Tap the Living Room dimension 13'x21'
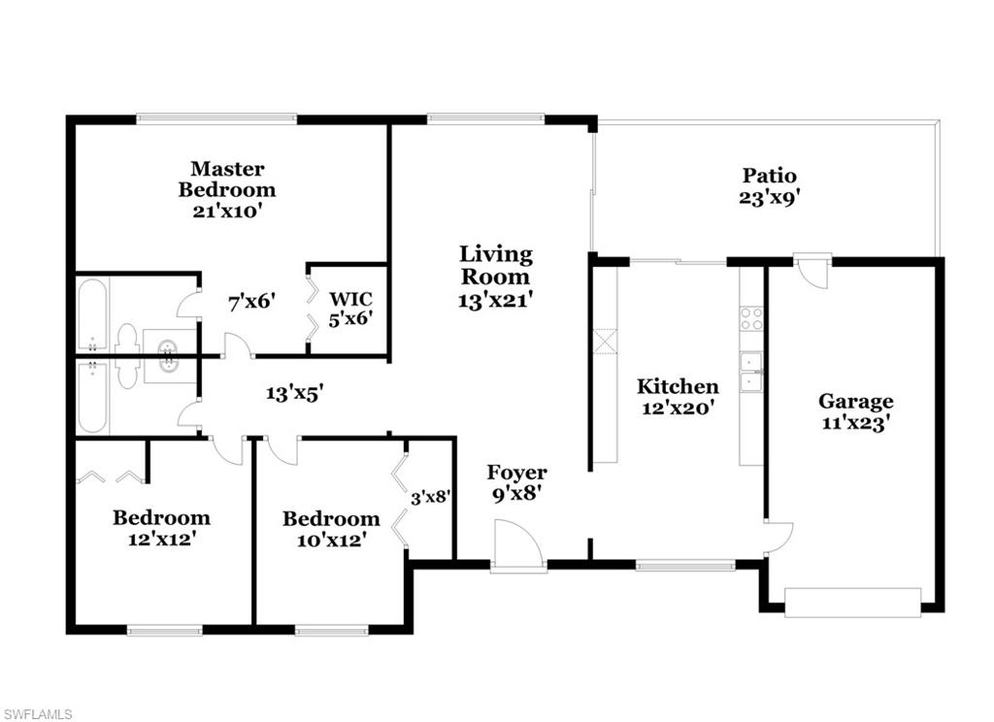click(495, 301)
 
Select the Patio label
click(770, 176)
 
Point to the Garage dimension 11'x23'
click(855, 423)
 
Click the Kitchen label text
click(678, 386)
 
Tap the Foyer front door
click(516, 546)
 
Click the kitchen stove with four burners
click(751, 318)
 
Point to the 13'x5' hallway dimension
click(295, 393)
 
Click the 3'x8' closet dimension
click(430, 499)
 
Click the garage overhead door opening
click(851, 603)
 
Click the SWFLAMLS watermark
click(37, 714)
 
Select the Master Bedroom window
click(215, 119)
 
